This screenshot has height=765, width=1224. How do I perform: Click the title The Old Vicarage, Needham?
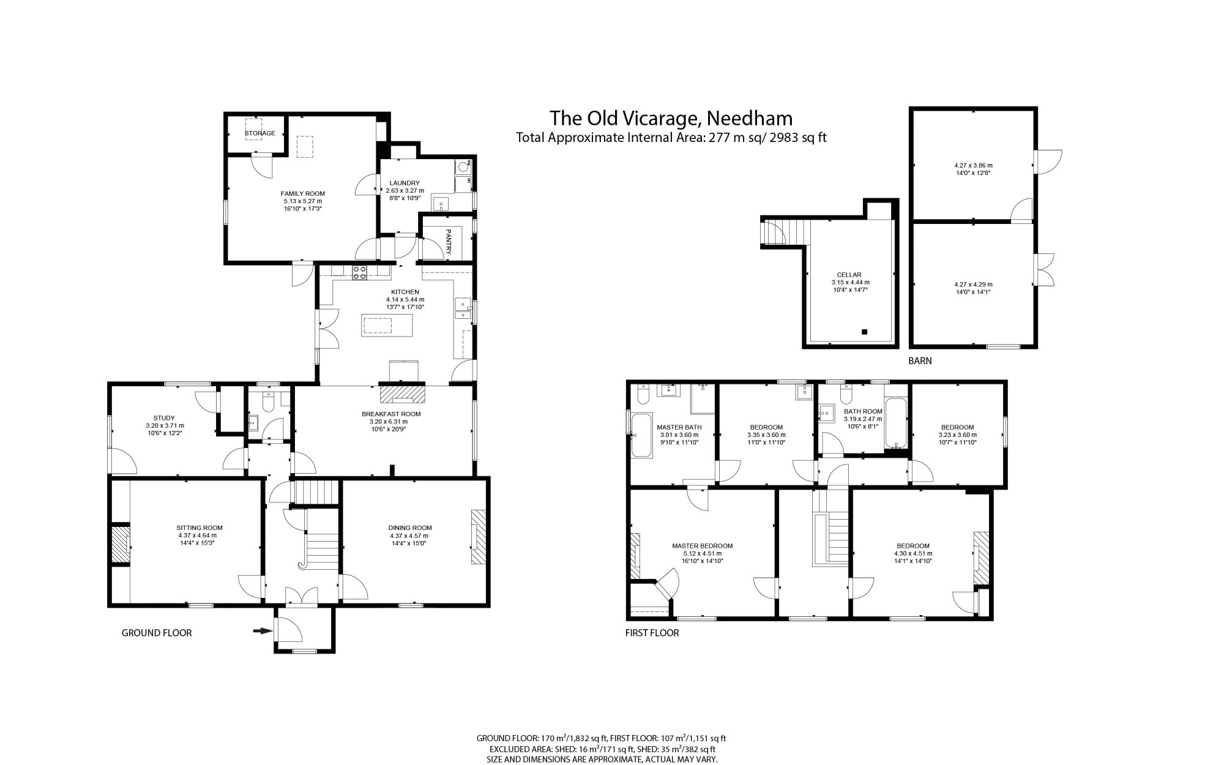pyautogui.click(x=671, y=118)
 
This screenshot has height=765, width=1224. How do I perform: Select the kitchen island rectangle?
pyautogui.click(x=387, y=324)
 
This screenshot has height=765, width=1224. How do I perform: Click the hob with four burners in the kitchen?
pyautogui.click(x=359, y=272)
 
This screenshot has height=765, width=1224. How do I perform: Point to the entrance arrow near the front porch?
pyautogui.click(x=263, y=631)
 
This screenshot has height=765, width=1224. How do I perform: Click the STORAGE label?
pyautogui.click(x=259, y=133)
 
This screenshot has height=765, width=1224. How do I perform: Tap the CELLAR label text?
pyautogui.click(x=849, y=275)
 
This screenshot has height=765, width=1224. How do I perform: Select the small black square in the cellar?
pyautogui.click(x=864, y=332)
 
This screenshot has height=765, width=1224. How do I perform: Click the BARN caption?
pyautogui.click(x=919, y=361)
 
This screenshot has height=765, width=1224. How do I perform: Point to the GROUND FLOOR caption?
pyautogui.click(x=157, y=633)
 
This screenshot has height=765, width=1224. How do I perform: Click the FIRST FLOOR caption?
pyautogui.click(x=652, y=633)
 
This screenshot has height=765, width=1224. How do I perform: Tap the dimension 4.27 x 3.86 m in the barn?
pyautogui.click(x=973, y=165)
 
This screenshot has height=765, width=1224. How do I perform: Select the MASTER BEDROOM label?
pyautogui.click(x=702, y=546)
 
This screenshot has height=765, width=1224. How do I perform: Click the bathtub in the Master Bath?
pyautogui.click(x=642, y=436)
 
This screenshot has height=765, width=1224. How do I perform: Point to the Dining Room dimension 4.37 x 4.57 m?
pyautogui.click(x=409, y=535)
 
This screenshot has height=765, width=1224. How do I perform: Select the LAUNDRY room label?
pyautogui.click(x=405, y=183)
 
